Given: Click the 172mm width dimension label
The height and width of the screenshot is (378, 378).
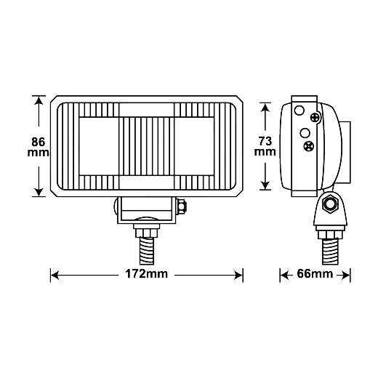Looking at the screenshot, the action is (x=146, y=274).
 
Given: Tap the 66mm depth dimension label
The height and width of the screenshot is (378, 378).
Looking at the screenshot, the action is (x=315, y=274).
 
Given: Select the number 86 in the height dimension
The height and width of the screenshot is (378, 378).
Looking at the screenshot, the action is (x=39, y=142).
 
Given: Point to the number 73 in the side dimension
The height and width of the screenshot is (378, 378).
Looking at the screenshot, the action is (x=265, y=141).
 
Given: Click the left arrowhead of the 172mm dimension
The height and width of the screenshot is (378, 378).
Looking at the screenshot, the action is (x=55, y=276).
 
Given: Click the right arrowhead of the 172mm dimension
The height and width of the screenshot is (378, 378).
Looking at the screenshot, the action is (x=238, y=276).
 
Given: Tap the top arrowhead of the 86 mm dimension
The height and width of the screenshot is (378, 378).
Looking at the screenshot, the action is (x=39, y=100).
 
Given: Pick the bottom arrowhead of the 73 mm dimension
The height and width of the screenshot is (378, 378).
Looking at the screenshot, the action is (x=265, y=185).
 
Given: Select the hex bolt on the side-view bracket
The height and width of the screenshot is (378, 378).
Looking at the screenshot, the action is (x=329, y=204).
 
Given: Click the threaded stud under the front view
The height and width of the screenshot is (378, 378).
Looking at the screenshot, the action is (x=147, y=251).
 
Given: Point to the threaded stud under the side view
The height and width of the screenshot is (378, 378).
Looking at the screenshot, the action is (x=330, y=252).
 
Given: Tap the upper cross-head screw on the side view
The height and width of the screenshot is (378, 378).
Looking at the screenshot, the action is (x=315, y=118).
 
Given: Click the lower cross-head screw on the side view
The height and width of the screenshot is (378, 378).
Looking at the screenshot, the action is (x=309, y=146).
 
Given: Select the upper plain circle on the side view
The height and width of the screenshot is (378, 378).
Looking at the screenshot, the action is (x=299, y=110).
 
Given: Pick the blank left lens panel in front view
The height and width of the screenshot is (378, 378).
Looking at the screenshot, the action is (x=99, y=146).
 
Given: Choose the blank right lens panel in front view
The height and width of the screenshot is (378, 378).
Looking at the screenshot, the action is (x=194, y=146).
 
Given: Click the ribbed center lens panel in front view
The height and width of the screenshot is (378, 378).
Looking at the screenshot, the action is (x=147, y=146).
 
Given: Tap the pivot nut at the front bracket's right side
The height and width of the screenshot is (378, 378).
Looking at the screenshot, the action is (x=182, y=206).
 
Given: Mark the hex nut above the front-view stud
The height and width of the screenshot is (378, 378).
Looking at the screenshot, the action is (x=147, y=233).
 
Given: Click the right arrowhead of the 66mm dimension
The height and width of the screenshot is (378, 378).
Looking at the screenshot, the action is (x=346, y=276).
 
